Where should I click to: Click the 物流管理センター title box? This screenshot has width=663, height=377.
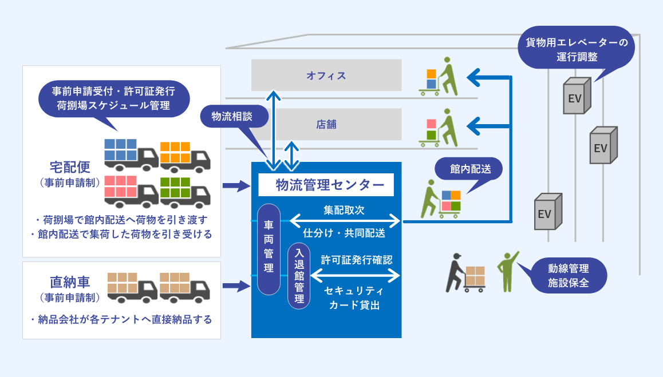click(326, 185)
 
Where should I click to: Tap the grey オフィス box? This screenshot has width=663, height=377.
click(326, 75)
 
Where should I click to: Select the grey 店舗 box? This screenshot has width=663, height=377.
click(326, 124)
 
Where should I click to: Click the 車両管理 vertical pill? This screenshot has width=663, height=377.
click(269, 249)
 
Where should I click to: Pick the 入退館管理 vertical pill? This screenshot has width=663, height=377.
click(298, 277)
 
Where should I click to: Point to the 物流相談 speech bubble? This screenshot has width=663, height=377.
click(234, 117)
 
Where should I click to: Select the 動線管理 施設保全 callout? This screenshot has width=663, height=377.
click(568, 275)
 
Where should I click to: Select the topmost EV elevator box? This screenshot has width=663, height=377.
click(576, 96)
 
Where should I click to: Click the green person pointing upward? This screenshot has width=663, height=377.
click(507, 271)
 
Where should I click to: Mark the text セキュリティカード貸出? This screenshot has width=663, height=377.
click(354, 297)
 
